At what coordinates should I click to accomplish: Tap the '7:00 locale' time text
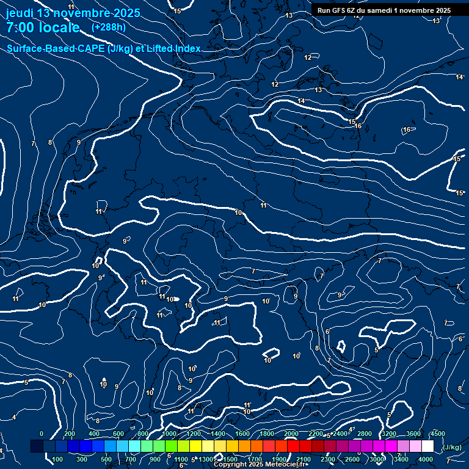43,27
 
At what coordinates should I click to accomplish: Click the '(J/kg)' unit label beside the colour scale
451,448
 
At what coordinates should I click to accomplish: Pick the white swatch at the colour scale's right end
427,446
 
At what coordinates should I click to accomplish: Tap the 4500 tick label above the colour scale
438,434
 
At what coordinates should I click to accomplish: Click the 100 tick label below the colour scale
58,459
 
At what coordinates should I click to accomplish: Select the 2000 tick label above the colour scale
291,434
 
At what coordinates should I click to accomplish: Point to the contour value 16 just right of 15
358,126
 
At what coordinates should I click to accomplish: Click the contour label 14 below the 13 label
301,101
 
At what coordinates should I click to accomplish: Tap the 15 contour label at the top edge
177,11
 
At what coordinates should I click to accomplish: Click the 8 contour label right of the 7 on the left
50,142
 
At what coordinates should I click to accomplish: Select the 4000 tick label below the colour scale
426,459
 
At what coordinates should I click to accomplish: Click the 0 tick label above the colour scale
42,434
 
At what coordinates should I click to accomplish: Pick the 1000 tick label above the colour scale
169,434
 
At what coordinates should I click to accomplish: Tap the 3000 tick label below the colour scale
377,459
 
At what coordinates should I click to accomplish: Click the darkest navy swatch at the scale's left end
37,446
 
